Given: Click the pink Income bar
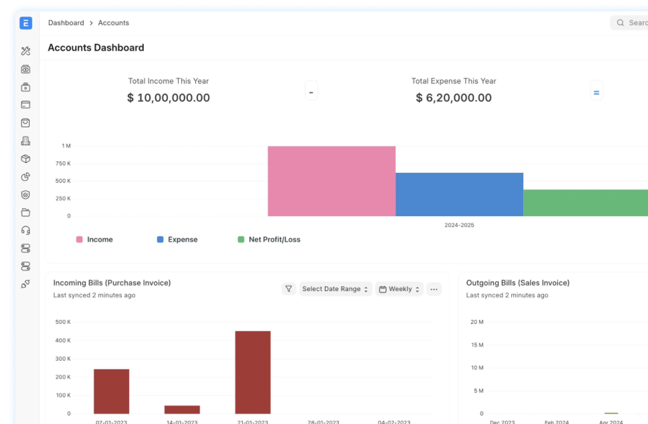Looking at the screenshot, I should point(331,181).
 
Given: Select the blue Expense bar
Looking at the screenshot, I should point(459,194).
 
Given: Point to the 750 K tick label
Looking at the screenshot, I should point(63,164).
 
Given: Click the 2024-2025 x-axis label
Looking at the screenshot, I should point(459,225).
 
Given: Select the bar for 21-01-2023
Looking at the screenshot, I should point(253,372).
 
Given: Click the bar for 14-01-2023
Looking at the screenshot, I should point(182,410).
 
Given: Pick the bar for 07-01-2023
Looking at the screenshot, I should point(111,391).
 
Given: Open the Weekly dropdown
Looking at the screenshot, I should point(399,289).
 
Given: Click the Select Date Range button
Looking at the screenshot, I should point(335,289).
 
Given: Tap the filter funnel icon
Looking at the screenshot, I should point(289,289).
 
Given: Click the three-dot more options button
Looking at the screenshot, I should point(434,289).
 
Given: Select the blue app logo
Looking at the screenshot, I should point(26,23).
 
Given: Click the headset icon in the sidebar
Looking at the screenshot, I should point(26,231).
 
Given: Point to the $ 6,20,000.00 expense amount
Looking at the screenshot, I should point(454,98).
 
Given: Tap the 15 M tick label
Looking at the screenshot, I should point(477,345).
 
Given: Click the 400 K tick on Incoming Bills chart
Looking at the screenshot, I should point(63,340).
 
